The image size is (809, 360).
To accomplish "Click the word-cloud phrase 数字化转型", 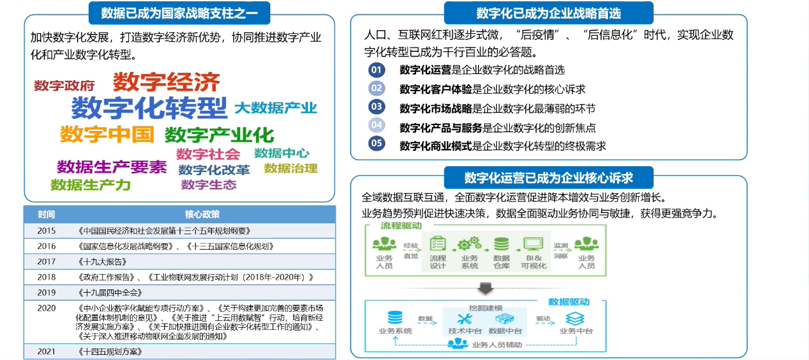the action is click(149, 108).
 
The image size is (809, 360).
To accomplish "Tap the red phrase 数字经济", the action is click(166, 82).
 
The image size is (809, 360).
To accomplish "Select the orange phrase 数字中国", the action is click(107, 134).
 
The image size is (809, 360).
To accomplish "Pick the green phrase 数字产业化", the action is click(219, 135).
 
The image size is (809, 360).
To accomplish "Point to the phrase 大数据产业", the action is click(275, 108).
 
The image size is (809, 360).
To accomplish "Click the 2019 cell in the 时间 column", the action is click(46, 292).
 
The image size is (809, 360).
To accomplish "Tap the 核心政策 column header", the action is click(202, 214).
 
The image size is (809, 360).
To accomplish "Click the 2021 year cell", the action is click(46, 352).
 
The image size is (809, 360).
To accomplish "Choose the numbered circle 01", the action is click(377, 69).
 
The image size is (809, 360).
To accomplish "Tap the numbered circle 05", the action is click(377, 143).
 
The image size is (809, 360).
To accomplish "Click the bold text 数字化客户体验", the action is click(435, 89).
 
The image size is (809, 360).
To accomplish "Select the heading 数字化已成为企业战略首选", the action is click(548, 13).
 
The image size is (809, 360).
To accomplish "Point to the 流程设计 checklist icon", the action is click(438, 244).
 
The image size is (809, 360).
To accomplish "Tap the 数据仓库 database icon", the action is click(501, 244).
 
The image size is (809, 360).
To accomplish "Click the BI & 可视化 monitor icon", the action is click(533, 244).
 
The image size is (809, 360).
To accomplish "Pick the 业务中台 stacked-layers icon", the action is click(575, 318).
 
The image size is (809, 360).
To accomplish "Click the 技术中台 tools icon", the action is click(465, 318).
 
